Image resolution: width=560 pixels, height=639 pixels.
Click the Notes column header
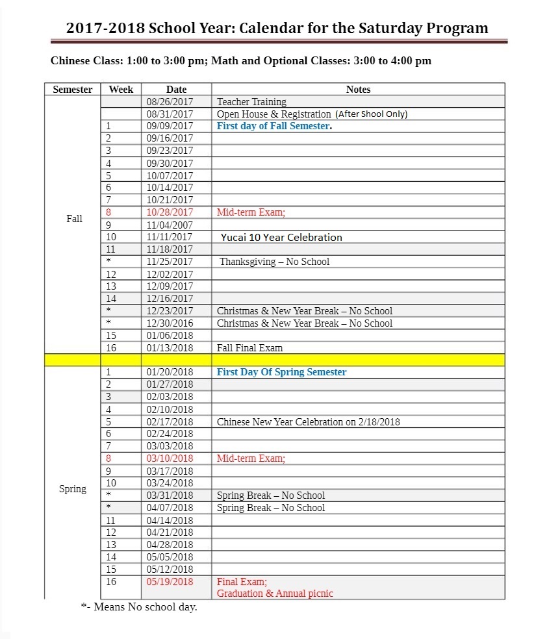pyautogui.click(x=358, y=90)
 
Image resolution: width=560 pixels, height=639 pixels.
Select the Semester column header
pyautogui.click(x=72, y=90)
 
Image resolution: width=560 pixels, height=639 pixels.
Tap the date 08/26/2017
pyautogui.click(x=170, y=102)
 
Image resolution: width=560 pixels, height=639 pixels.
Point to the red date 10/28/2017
pyautogui.click(x=170, y=212)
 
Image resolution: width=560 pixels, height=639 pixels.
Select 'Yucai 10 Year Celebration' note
pyautogui.click(x=281, y=237)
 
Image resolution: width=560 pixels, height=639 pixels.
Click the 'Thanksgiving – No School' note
pyautogui.click(x=274, y=262)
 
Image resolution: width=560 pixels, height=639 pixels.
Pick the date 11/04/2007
pyautogui.click(x=170, y=225)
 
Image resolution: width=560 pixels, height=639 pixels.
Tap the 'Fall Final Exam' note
pyautogui.click(x=249, y=348)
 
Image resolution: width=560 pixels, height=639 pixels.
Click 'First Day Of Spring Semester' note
pyautogui.click(x=281, y=372)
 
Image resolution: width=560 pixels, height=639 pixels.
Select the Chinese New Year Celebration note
pyautogui.click(x=308, y=422)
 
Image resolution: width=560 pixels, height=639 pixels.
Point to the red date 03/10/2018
pyautogui.click(x=170, y=458)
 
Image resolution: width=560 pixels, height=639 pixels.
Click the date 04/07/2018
pyautogui.click(x=170, y=508)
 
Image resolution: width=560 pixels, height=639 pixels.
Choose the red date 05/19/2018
pyautogui.click(x=170, y=582)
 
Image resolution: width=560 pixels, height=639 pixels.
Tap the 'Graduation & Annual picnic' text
pyautogui.click(x=275, y=594)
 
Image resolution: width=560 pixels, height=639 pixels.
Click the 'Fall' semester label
pyautogui.click(x=74, y=219)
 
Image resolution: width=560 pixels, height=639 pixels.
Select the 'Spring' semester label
pyautogui.click(x=72, y=489)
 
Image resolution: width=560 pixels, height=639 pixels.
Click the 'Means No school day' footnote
pyautogui.click(x=138, y=607)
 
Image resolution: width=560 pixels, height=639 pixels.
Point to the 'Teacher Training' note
pyautogui.click(x=251, y=102)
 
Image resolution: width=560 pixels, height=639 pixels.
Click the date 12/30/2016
pyautogui.click(x=170, y=323)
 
